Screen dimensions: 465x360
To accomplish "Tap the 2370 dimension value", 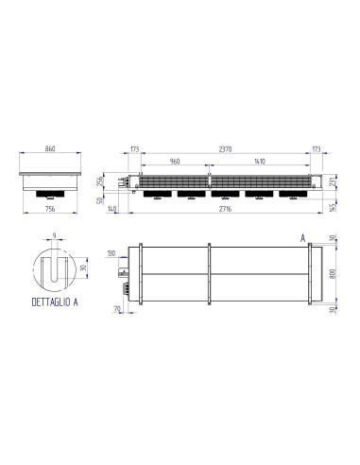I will (x=223, y=149).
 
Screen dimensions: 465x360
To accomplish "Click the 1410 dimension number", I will (x=256, y=162).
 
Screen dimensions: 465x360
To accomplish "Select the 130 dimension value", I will (x=111, y=254).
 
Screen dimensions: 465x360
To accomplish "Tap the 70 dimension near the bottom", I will (x=116, y=309).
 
